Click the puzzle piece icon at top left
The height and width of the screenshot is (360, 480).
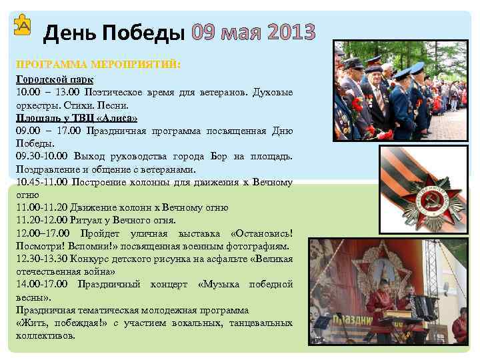point(23,26)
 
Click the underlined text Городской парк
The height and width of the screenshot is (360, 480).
point(55,79)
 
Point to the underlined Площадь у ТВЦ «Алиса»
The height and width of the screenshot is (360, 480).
point(77,117)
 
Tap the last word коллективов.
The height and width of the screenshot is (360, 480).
point(45,336)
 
